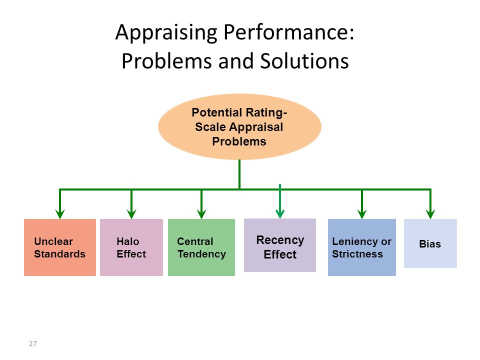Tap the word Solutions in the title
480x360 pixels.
[x=304, y=60]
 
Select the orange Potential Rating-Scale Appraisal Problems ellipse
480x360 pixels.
[x=239, y=126]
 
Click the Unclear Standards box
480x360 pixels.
[x=60, y=247]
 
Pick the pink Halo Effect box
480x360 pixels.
[x=131, y=247]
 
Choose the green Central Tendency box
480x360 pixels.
[x=201, y=247]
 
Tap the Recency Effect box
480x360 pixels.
[x=280, y=245]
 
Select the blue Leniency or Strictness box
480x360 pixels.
[x=362, y=247]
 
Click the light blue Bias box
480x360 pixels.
[x=430, y=243]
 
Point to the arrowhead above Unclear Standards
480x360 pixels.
[x=60, y=214]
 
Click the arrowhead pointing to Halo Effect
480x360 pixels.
[x=131, y=214]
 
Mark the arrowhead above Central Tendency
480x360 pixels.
[x=201, y=214]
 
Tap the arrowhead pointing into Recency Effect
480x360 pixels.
[x=280, y=214]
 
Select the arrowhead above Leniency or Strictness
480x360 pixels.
[x=362, y=214]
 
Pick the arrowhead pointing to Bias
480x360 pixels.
[x=430, y=214]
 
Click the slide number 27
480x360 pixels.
[x=33, y=343]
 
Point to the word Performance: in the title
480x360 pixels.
[x=289, y=32]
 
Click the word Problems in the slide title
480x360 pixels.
[x=166, y=60]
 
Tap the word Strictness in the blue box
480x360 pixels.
[x=357, y=254]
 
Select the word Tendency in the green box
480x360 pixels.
[x=201, y=254]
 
